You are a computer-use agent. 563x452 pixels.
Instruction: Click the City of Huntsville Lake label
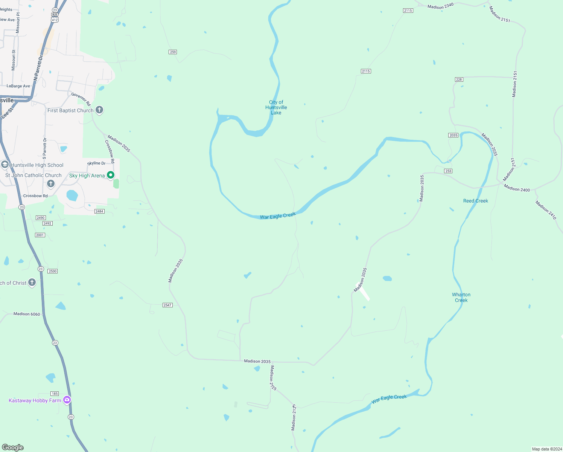pyautogui.click(x=276, y=107)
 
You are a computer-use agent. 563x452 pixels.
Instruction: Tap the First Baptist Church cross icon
pyautogui.click(x=99, y=110)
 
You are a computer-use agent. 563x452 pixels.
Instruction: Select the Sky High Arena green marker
pyautogui.click(x=111, y=175)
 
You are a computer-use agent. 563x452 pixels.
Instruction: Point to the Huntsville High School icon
pyautogui.click(x=5, y=165)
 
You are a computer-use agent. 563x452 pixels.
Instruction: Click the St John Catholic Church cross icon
pyautogui.click(x=51, y=183)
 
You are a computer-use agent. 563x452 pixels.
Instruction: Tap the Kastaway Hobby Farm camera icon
pyautogui.click(x=67, y=400)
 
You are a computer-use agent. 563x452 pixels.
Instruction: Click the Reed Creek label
pyautogui.click(x=475, y=201)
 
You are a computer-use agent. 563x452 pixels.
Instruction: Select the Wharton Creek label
pyautogui.click(x=461, y=297)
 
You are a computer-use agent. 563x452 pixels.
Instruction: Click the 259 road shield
pyautogui.click(x=173, y=52)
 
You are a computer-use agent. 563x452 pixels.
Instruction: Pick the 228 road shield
pyautogui.click(x=459, y=79)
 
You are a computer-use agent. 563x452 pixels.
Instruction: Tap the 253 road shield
pyautogui.click(x=448, y=171)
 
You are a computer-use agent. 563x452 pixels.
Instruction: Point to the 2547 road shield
pyautogui.click(x=167, y=305)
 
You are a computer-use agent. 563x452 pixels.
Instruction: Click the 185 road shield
pyautogui.click(x=55, y=394)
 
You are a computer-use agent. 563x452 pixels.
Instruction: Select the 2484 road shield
pyautogui.click(x=99, y=211)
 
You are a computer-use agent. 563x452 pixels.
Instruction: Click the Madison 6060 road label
pyautogui.click(x=27, y=314)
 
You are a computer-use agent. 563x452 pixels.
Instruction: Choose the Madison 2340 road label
pyautogui.click(x=440, y=6)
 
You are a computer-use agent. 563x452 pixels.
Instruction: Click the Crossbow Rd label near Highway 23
pyautogui.click(x=35, y=196)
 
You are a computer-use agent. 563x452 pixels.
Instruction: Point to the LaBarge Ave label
pyautogui.click(x=18, y=86)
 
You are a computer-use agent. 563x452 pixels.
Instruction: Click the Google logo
pyautogui.click(x=13, y=447)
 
